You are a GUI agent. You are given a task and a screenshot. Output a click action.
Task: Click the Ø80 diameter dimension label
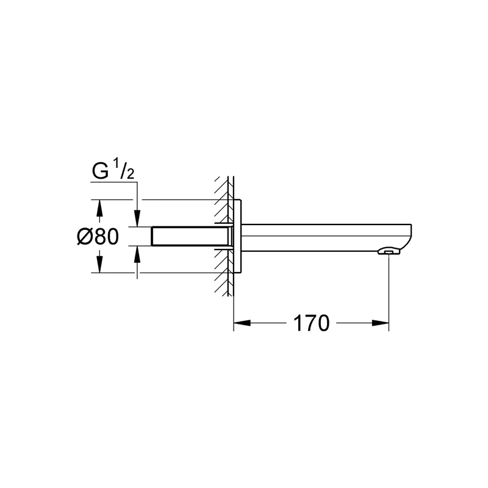[x=98, y=236]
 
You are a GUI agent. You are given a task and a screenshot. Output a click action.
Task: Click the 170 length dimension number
[x=311, y=323]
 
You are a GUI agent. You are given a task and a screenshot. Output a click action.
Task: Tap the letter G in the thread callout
[x=100, y=171]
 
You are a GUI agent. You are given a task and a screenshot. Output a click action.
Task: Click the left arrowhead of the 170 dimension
[x=242, y=323]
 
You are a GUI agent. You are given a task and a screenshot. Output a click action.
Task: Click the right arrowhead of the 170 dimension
[x=380, y=323]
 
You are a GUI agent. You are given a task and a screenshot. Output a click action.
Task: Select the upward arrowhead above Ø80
[x=99, y=208]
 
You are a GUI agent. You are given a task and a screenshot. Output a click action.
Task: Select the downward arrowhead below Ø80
[x=99, y=264]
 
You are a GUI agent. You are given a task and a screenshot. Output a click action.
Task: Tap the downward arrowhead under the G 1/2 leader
[x=137, y=218]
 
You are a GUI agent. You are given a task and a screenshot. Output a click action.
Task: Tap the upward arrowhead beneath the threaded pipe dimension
[x=137, y=253]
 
